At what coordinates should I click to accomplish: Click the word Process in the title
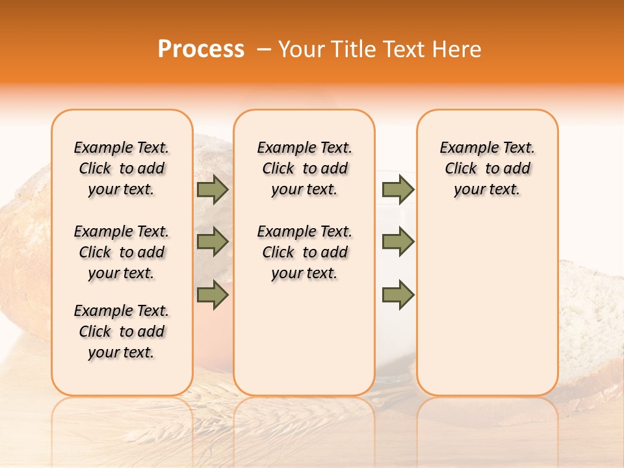[x=201, y=49]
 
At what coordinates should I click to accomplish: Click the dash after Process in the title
[x=263, y=50]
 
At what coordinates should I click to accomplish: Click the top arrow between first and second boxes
[x=213, y=190]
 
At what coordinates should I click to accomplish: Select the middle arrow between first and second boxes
[x=213, y=242]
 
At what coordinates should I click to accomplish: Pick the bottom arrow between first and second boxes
[x=213, y=294]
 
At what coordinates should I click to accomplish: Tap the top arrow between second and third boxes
[x=398, y=190]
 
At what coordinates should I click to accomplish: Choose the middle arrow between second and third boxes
[x=398, y=242]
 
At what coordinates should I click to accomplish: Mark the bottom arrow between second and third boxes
[x=398, y=294]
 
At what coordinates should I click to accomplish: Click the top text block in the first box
[x=122, y=168]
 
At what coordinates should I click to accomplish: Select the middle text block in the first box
[x=122, y=252]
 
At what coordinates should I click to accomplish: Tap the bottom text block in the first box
[x=122, y=331]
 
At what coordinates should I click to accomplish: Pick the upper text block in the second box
[x=305, y=168]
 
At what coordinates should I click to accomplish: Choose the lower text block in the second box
[x=305, y=252]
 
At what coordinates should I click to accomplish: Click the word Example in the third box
[x=465, y=148]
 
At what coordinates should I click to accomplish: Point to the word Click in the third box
[x=461, y=168]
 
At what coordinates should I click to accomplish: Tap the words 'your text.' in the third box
[x=487, y=190]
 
